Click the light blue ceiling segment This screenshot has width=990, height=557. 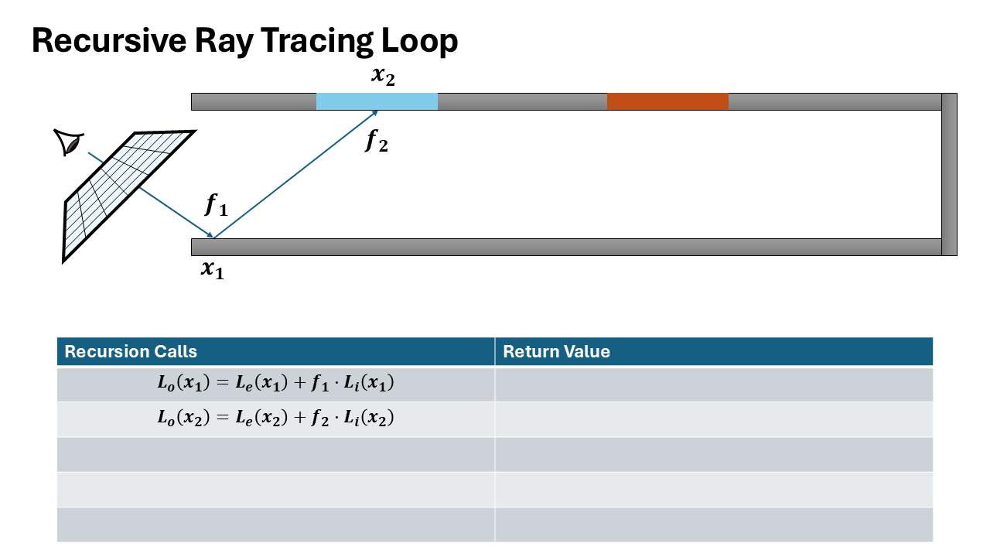377,101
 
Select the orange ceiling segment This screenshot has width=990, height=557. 667,101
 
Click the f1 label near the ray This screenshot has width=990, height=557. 217,205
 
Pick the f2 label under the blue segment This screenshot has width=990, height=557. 377,141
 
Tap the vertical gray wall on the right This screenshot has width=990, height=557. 949,174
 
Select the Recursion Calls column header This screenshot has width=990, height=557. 131,351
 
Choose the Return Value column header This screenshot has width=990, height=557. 556,351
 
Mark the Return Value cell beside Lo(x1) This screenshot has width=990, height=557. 713,384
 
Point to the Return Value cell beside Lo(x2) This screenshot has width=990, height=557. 713,419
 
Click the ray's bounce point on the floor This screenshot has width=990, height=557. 213,237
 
